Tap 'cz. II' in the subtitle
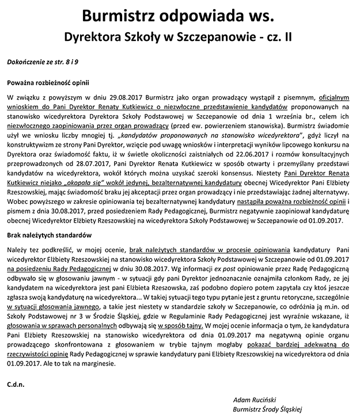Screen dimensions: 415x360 tap(276, 36)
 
